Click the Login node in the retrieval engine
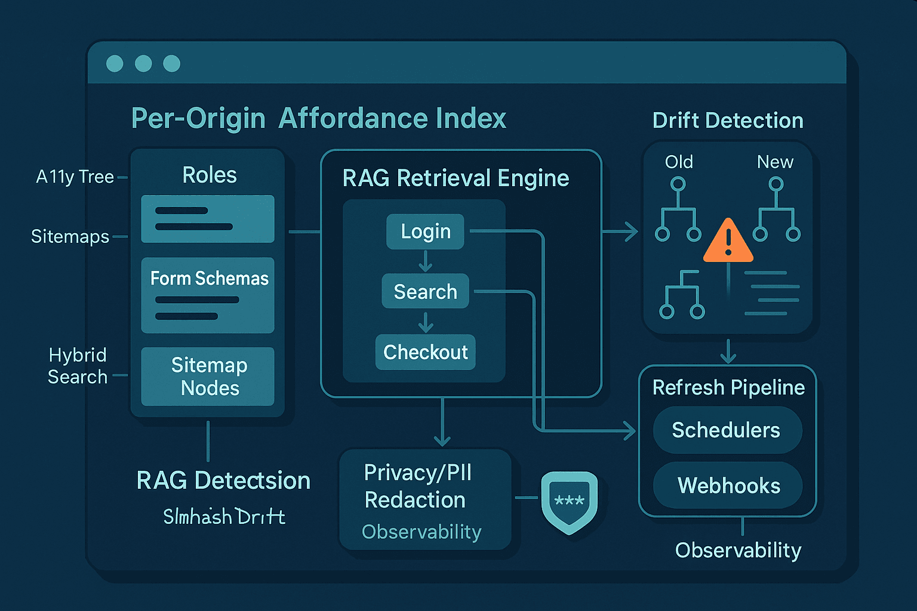pyautogui.click(x=425, y=232)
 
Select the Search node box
pyautogui.click(x=425, y=291)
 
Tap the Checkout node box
pyautogui.click(x=425, y=352)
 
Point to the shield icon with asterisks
pyautogui.click(x=569, y=501)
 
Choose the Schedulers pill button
pyautogui.click(x=727, y=430)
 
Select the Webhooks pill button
pyautogui.click(x=728, y=486)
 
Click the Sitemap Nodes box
pyautogui.click(x=208, y=377)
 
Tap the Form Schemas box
pyautogui.click(x=208, y=295)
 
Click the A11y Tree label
pyautogui.click(x=75, y=177)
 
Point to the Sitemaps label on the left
pyautogui.click(x=70, y=236)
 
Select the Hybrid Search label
pyautogui.click(x=78, y=366)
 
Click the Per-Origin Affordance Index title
pyautogui.click(x=318, y=118)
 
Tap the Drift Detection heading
pyautogui.click(x=728, y=121)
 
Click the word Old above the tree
pyautogui.click(x=679, y=162)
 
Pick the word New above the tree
pyautogui.click(x=775, y=162)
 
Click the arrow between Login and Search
pyautogui.click(x=425, y=261)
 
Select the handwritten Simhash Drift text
pyautogui.click(x=224, y=516)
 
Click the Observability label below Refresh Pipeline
pyautogui.click(x=738, y=550)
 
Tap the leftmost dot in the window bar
pyautogui.click(x=115, y=63)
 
